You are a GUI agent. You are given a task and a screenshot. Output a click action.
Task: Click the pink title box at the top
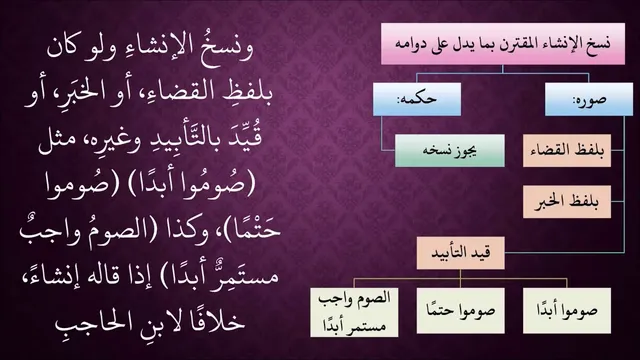pyautogui.click(x=503, y=44)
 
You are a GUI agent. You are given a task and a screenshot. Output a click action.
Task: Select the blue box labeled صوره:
pyautogui.click(x=589, y=99)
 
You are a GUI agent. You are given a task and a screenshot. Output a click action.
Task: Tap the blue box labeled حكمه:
pyautogui.click(x=417, y=99)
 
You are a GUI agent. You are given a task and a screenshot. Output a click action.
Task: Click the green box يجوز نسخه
pyautogui.click(x=450, y=150)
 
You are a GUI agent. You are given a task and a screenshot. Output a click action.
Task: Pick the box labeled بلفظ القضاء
pyautogui.click(x=567, y=150)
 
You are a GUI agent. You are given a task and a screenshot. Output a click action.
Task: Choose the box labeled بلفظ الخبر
pyautogui.click(x=567, y=202)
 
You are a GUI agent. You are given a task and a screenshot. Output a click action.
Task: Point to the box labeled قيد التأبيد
pyautogui.click(x=460, y=253)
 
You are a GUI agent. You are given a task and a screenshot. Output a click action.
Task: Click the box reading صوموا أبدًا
pyautogui.click(x=567, y=311)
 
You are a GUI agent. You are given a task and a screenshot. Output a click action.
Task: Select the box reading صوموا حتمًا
pyautogui.click(x=460, y=311)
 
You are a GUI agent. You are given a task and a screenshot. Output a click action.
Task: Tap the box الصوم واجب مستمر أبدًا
pyautogui.click(x=354, y=312)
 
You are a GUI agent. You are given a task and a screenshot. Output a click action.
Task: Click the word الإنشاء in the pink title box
pyautogui.click(x=558, y=43)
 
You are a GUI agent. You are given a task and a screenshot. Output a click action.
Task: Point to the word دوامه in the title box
pyautogui.click(x=411, y=44)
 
